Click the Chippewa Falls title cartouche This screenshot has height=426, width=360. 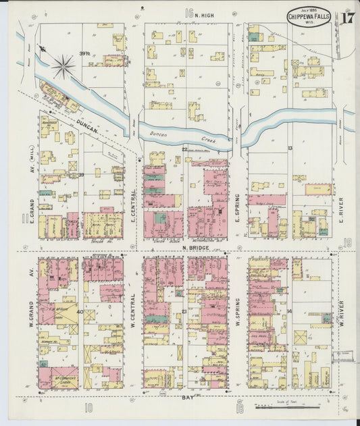click(309, 16)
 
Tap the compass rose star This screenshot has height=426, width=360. click(63, 65)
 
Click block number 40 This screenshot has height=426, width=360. click(80, 312)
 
